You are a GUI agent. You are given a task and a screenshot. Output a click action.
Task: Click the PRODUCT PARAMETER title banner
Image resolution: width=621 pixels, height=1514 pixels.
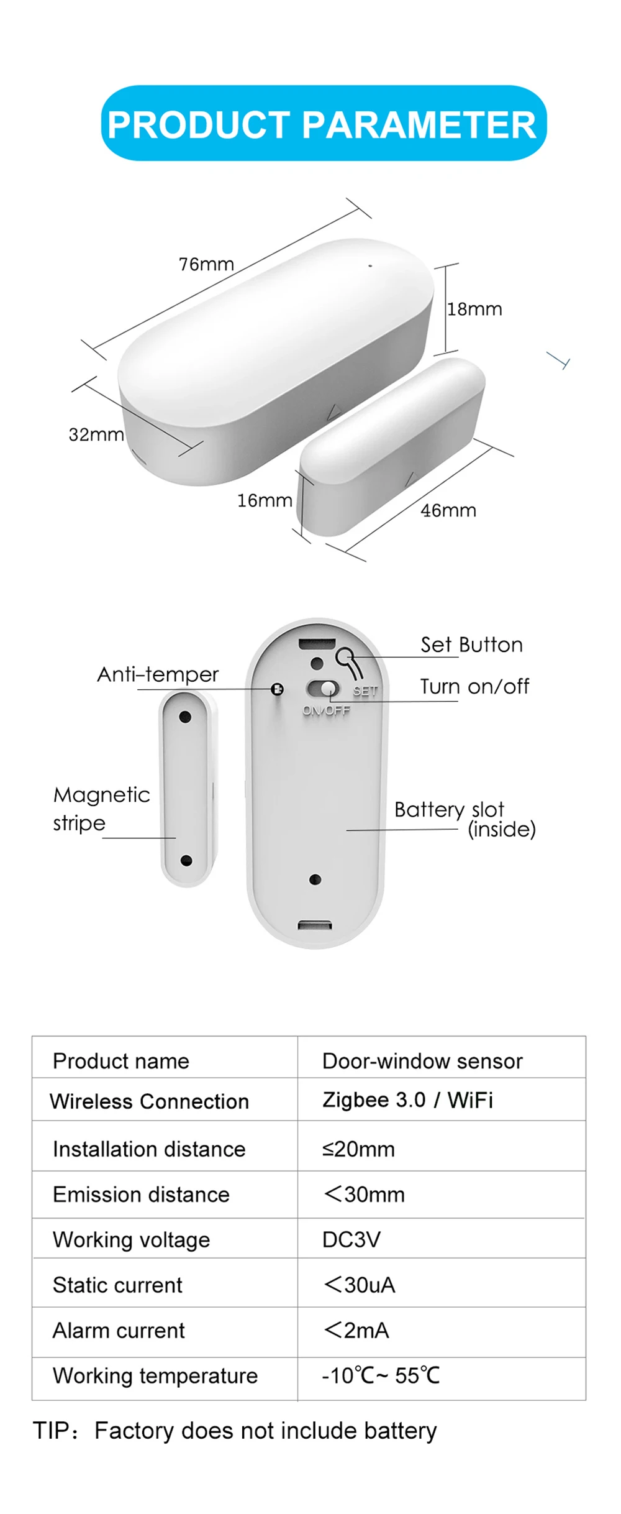[x=323, y=124]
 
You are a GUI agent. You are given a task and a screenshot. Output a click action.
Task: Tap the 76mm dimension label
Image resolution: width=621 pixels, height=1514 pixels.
[x=206, y=264]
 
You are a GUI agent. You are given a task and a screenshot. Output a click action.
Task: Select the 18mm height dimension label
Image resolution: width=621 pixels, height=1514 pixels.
[x=474, y=309]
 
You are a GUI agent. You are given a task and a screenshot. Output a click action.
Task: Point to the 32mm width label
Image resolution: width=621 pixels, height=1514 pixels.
[x=96, y=434]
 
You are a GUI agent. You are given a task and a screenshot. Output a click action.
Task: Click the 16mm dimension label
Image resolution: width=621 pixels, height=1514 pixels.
[x=265, y=500]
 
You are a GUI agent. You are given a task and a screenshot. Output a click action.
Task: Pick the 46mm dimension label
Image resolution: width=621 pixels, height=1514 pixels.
[x=448, y=510]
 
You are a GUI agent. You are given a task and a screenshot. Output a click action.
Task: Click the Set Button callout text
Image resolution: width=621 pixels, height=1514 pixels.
[x=471, y=645]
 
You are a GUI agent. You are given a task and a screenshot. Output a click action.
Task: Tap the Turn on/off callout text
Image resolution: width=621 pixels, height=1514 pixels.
[x=474, y=686]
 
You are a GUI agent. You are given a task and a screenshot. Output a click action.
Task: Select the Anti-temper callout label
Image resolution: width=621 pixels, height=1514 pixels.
[x=158, y=674]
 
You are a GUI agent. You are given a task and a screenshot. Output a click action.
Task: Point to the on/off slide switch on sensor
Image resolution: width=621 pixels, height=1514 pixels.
[x=324, y=689]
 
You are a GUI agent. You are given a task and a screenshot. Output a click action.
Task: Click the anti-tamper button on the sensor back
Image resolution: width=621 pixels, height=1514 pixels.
[x=278, y=689]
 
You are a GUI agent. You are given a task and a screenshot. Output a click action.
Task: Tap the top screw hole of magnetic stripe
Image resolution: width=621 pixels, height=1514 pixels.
[x=184, y=717]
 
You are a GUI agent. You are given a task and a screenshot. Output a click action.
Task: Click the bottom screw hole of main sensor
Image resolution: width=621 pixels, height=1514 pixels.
[x=315, y=879]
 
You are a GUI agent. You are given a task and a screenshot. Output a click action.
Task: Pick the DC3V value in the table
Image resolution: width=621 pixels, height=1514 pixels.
[x=351, y=1239]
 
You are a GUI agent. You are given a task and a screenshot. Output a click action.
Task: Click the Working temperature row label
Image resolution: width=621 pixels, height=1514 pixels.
[x=155, y=1375]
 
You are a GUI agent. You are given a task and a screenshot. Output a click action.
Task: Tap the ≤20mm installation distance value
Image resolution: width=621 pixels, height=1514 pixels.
[x=358, y=1149]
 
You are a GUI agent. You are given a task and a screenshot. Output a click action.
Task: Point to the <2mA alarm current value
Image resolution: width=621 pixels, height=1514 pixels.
[x=356, y=1330]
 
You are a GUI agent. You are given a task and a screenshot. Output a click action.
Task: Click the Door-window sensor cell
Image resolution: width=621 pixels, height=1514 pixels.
[x=422, y=1061]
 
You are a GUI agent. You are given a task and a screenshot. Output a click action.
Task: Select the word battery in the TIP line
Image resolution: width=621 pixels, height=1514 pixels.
[x=400, y=1431]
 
